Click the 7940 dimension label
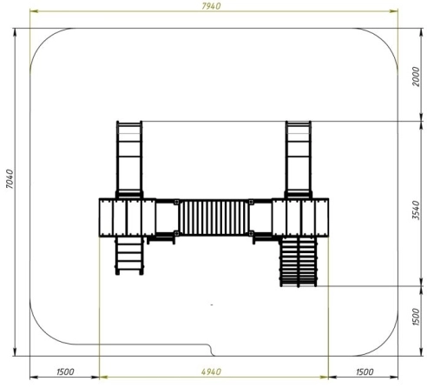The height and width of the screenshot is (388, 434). [x=211, y=6]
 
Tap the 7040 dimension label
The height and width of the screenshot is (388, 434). [x=10, y=179]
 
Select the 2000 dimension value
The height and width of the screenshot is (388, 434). [x=416, y=77]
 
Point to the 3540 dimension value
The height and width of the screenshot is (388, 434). [x=416, y=210]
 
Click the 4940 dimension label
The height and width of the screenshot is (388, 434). [x=211, y=371]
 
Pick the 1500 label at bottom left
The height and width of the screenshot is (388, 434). [x=65, y=371]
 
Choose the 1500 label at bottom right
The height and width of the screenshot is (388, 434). [x=365, y=371]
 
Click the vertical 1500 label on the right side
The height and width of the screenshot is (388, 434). [x=416, y=317]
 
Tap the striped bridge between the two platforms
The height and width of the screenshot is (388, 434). [x=214, y=217]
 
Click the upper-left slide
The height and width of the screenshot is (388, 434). [x=129, y=159]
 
